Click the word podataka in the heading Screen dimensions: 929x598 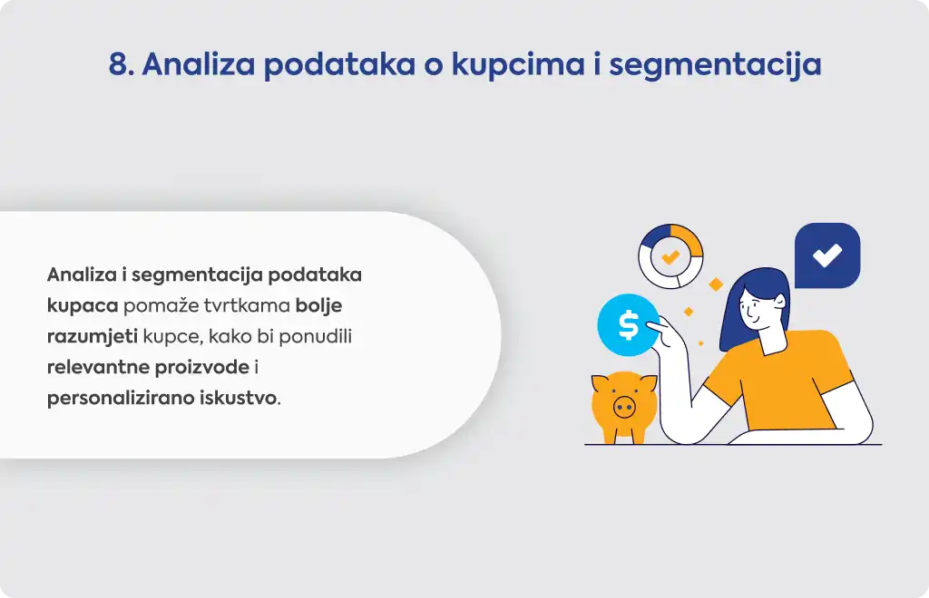tap(339, 65)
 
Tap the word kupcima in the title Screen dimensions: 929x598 tap(518, 65)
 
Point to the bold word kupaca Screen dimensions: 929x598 tap(83, 306)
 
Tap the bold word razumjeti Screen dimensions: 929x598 tap(93, 336)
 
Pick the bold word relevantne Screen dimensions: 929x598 tap(98, 367)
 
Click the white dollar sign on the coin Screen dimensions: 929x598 tap(628, 324)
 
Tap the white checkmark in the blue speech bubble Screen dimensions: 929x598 tap(827, 255)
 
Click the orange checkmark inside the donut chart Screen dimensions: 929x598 tap(670, 256)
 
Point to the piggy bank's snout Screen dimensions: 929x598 tap(624, 407)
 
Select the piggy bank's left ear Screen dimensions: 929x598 tap(600, 383)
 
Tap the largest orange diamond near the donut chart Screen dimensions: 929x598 tap(716, 284)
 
